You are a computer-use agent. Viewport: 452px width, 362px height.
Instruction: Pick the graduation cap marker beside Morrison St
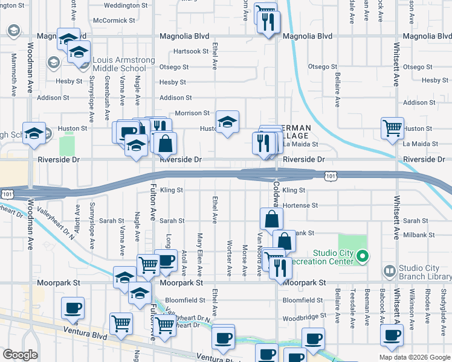tap(227, 122)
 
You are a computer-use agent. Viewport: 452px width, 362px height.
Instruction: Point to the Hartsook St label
tap(190, 51)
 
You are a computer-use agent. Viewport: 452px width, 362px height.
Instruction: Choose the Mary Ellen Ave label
tap(199, 254)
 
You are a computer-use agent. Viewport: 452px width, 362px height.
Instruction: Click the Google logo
tap(21, 355)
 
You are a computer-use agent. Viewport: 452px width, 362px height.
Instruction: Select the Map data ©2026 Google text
tap(415, 357)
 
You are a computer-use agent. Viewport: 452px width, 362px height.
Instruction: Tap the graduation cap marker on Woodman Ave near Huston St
tap(34, 134)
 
